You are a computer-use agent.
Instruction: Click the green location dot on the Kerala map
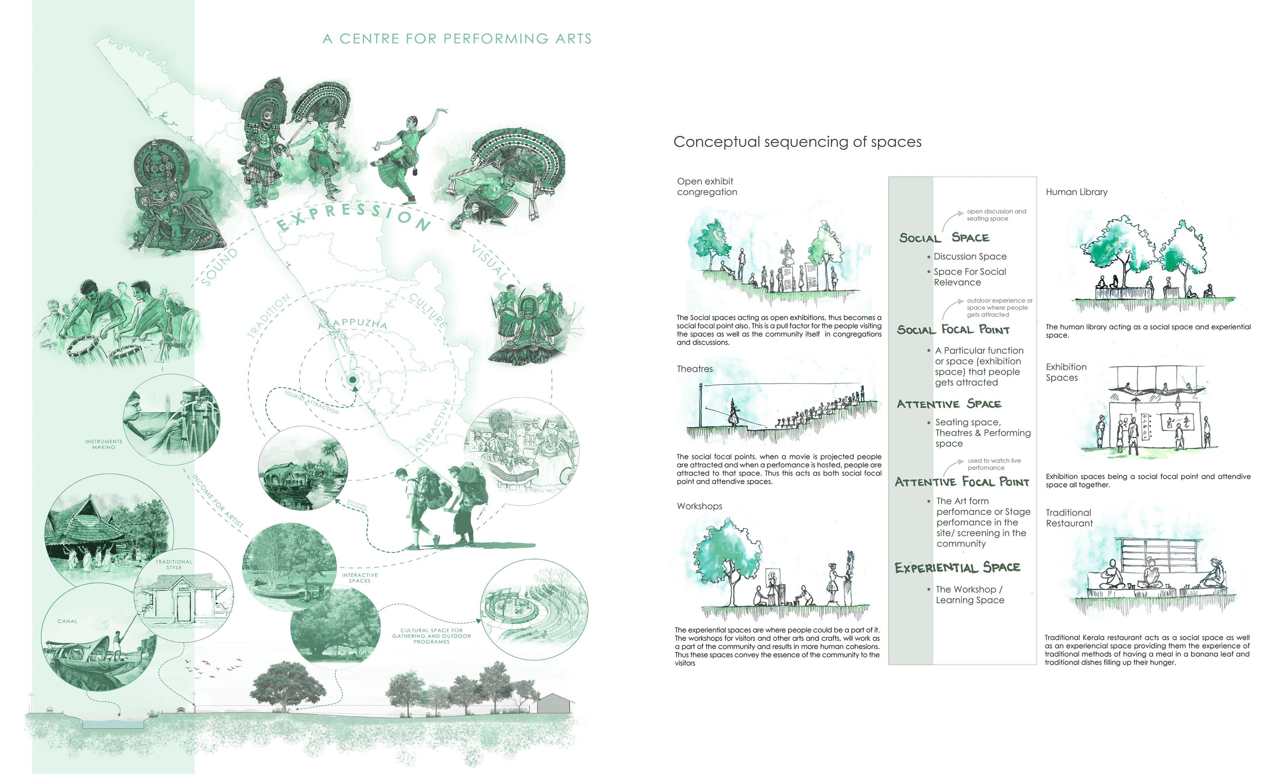coord(353,380)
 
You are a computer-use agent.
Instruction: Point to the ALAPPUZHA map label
coord(353,323)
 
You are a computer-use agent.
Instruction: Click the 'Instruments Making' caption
coord(104,444)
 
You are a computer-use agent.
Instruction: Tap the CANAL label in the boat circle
coord(67,621)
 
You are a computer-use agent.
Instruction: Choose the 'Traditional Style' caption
coord(174,565)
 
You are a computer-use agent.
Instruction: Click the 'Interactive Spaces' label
coord(360,578)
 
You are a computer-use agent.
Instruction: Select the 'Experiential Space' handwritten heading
coord(957,567)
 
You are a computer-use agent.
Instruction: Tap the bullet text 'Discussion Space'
coord(970,257)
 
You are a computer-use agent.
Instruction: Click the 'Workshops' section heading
coord(699,506)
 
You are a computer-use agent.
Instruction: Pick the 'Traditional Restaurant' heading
coord(1069,518)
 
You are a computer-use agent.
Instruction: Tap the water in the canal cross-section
coord(112,724)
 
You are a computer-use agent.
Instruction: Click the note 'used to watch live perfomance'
coord(994,464)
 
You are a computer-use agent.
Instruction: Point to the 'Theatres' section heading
coord(695,369)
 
